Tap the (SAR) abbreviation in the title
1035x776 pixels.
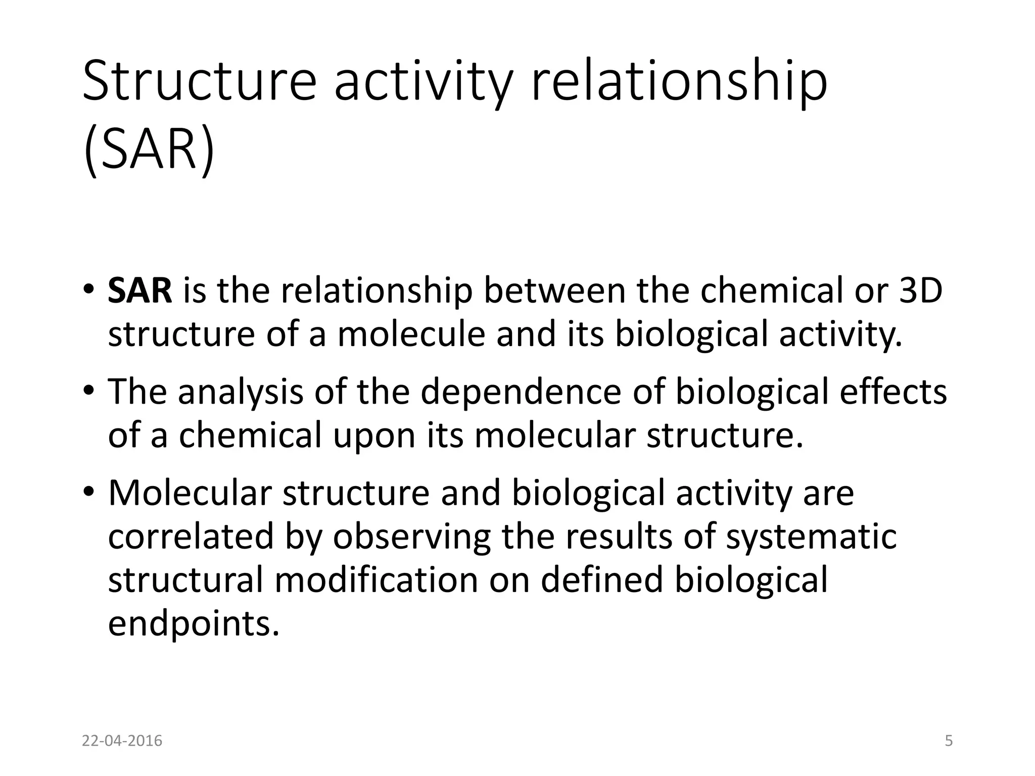[149, 151]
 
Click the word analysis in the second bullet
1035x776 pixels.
[241, 392]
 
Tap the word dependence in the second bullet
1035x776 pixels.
[521, 392]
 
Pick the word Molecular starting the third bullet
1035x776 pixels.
[190, 493]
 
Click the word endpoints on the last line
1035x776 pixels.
[194, 624]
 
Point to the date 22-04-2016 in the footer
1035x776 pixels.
[122, 741]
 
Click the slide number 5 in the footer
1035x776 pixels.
[949, 741]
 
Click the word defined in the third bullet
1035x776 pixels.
[601, 580]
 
